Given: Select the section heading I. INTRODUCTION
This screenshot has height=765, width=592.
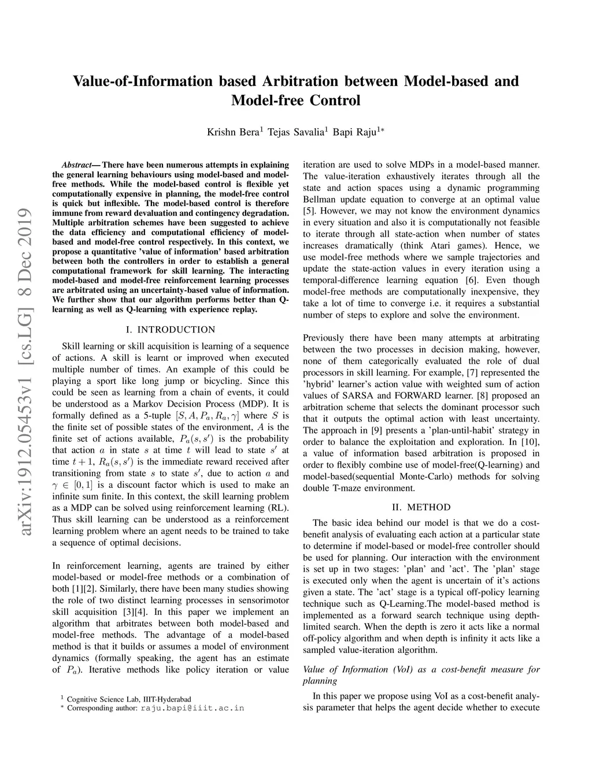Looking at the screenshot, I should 170,330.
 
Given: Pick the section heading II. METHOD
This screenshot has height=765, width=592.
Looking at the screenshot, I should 421,507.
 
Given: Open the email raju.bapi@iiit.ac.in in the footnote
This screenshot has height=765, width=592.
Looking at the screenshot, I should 193,708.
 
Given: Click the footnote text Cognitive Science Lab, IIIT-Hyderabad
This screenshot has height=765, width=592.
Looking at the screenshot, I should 129,699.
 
